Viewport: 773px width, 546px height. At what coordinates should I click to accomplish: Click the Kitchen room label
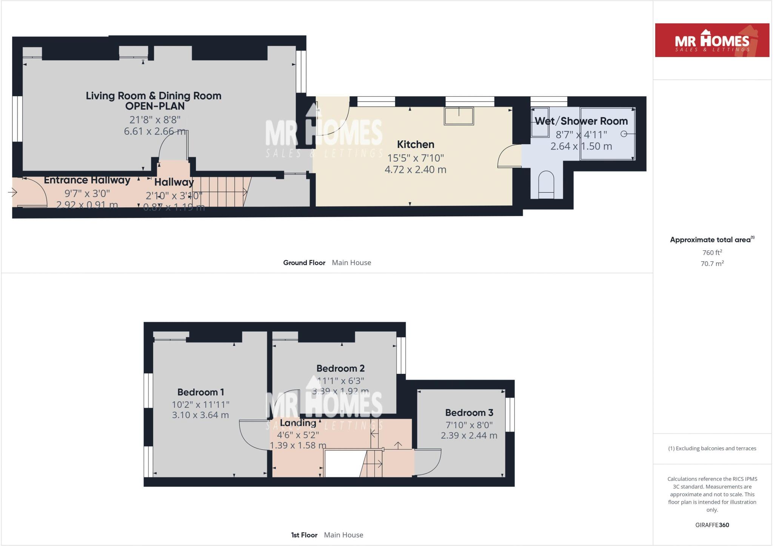coord(415,144)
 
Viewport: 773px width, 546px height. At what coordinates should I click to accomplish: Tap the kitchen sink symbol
coord(459,116)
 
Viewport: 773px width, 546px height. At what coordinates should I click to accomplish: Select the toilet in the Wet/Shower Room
coord(546,185)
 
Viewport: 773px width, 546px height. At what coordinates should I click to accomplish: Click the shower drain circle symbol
coord(624,134)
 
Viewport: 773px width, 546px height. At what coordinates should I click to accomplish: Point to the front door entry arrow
coord(12,193)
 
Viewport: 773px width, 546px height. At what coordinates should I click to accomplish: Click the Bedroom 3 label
coord(469,412)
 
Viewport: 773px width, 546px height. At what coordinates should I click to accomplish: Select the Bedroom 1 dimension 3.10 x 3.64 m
coord(200,415)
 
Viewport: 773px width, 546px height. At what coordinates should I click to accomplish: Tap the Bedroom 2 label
coord(340,368)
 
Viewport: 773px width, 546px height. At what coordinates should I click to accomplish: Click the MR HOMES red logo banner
coord(712,40)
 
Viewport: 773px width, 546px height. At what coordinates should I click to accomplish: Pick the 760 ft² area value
coord(712,253)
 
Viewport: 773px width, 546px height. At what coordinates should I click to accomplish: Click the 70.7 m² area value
coord(712,264)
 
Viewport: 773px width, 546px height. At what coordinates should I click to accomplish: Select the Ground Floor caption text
coord(304,262)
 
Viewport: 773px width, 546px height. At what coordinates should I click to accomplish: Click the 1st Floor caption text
coord(304,535)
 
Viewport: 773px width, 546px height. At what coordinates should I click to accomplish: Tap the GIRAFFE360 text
coord(712,525)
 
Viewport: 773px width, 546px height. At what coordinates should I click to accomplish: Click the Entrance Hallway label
coord(87,180)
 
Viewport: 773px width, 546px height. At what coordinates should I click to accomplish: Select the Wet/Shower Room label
coord(581,121)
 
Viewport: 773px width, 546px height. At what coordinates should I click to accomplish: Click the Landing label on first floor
coord(298,423)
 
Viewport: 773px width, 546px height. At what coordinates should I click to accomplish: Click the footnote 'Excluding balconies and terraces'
coord(712,448)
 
